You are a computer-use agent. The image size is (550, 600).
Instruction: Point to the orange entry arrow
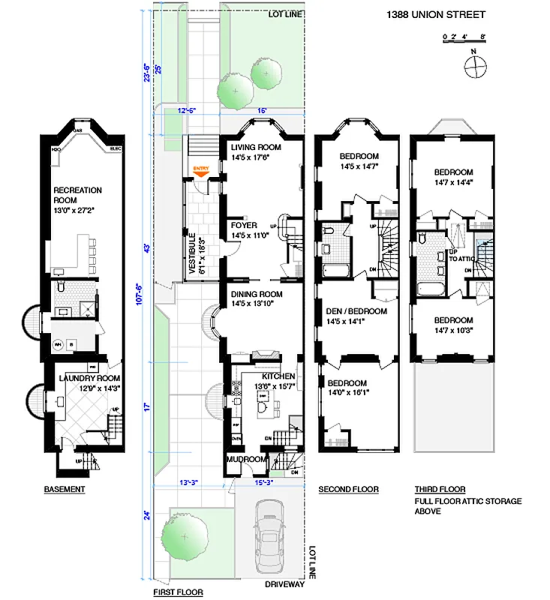[x=200, y=172]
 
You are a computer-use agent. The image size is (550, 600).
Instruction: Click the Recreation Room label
[x=77, y=195]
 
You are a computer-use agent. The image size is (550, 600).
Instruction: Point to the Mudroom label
[x=248, y=459]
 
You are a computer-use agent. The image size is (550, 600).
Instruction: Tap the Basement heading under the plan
[x=64, y=490]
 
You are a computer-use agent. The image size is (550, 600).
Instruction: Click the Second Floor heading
[x=348, y=490]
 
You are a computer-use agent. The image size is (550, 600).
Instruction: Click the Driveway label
[x=284, y=584]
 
